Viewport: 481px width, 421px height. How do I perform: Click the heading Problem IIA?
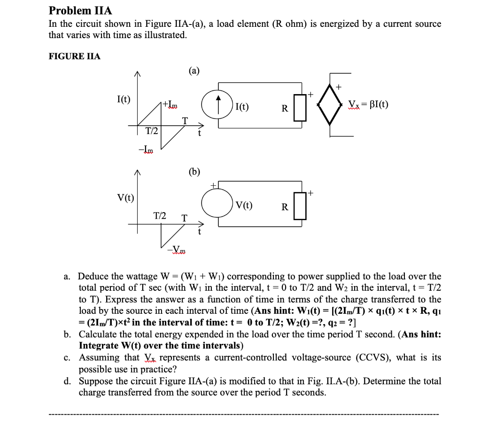pyautogui.click(x=80, y=10)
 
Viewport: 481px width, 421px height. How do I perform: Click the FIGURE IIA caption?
pyautogui.click(x=74, y=56)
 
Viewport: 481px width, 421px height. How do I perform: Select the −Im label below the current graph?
pyautogui.click(x=147, y=150)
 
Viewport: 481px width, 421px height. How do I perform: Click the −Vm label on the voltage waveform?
pyautogui.click(x=178, y=249)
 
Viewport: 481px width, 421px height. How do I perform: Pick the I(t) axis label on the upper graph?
pyautogui.click(x=124, y=99)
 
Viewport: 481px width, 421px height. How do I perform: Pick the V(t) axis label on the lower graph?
pyautogui.click(x=125, y=198)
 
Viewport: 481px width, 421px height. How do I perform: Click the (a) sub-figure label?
pyautogui.click(x=194, y=71)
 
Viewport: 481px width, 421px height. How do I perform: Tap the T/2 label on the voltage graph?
pyautogui.click(x=160, y=215)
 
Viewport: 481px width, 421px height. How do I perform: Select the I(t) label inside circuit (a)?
pyautogui.click(x=242, y=107)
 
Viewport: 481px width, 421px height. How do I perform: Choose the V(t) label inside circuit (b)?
pyautogui.click(x=244, y=205)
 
